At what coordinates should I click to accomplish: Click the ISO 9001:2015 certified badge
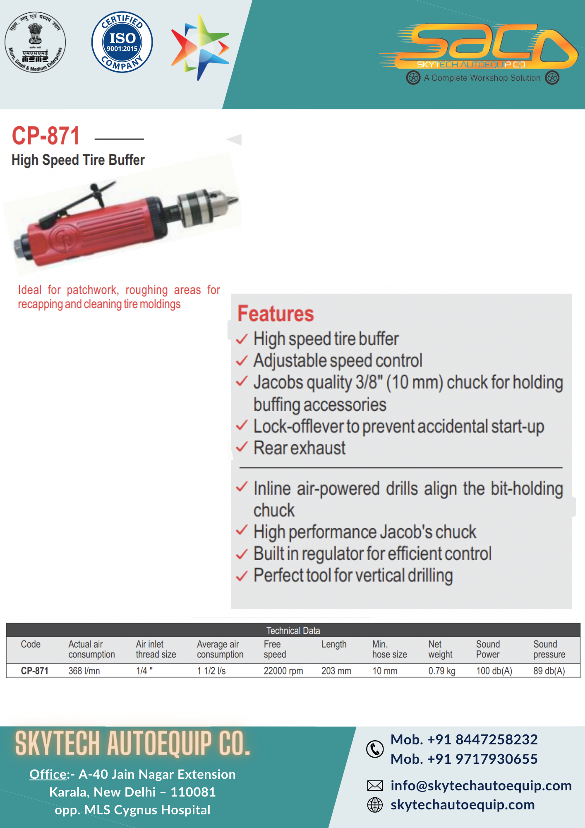(122, 42)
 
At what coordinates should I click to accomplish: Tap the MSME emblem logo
(35, 42)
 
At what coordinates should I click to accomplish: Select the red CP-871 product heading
(46, 136)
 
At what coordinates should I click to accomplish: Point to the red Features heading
(276, 313)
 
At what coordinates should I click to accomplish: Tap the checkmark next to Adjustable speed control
(242, 360)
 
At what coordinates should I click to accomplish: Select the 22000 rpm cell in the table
(283, 671)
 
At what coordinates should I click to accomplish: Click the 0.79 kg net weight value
(442, 671)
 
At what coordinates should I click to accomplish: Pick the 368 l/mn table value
(84, 671)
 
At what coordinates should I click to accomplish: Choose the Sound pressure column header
(549, 649)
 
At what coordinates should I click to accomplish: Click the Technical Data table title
(293, 631)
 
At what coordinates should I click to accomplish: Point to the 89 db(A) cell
(549, 671)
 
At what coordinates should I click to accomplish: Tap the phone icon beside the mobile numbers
(375, 749)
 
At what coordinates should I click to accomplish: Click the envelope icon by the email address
(375, 785)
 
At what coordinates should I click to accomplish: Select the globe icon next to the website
(375, 805)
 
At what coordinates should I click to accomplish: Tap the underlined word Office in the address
(48, 774)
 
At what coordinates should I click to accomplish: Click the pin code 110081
(193, 792)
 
